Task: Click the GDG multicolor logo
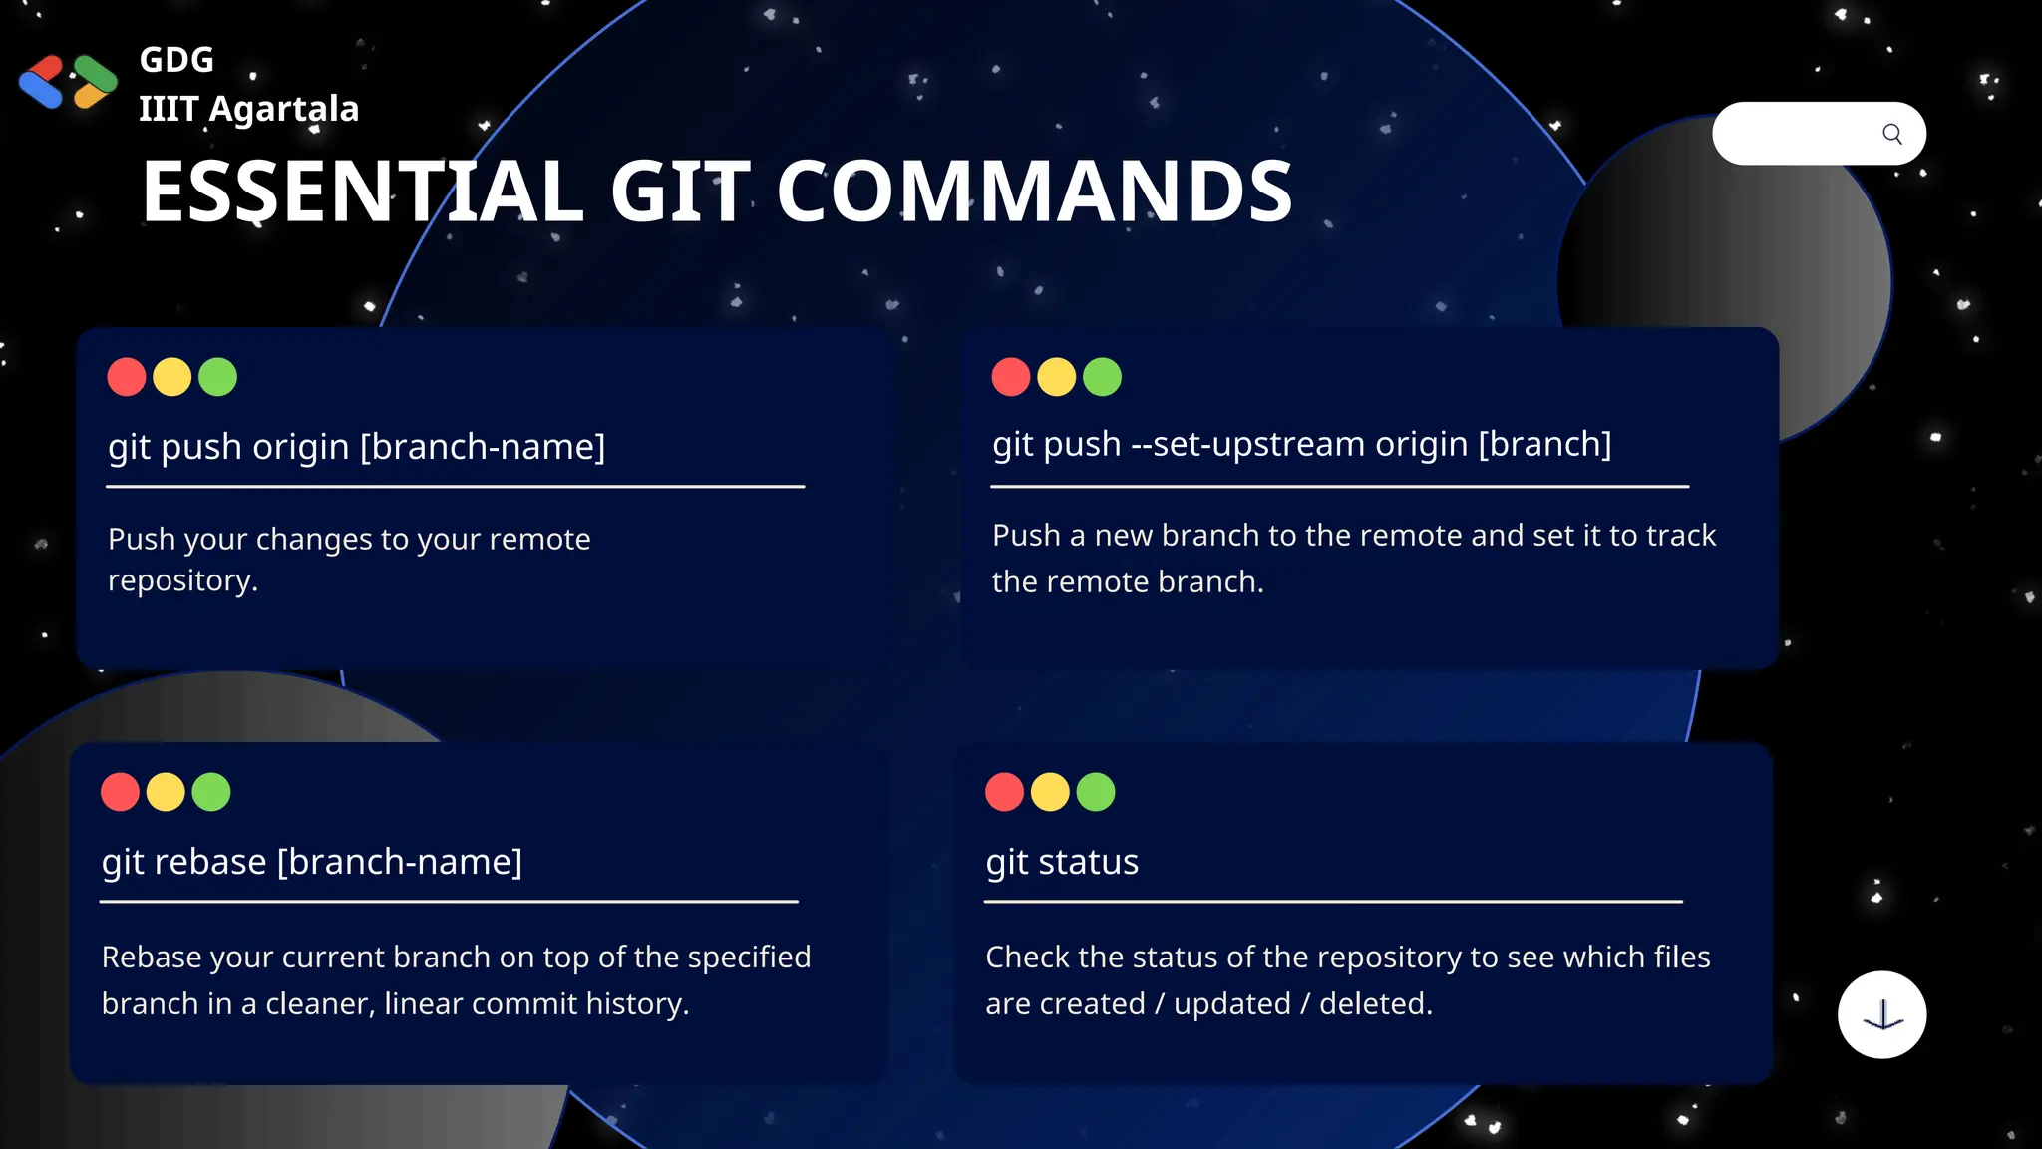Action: coord(68,81)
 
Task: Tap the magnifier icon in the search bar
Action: coord(1891,134)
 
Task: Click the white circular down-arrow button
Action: coord(1881,1014)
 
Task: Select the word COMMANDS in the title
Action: coord(1034,191)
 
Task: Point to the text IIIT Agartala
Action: coord(248,108)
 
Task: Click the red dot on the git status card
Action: coord(1004,792)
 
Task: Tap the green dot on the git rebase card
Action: coord(211,792)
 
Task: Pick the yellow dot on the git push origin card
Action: coord(172,377)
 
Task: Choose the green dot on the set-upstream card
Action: coord(1102,377)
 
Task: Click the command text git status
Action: coord(1062,862)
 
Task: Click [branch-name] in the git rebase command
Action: coord(399,862)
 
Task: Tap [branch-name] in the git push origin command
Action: coord(483,447)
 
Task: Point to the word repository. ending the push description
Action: coord(182,580)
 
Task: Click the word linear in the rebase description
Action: coord(423,1003)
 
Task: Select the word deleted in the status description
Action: coord(1375,1003)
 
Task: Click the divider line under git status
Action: coord(1333,902)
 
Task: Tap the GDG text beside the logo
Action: coord(176,60)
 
